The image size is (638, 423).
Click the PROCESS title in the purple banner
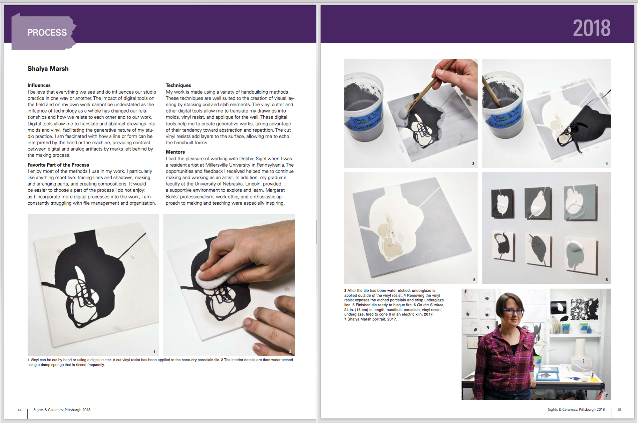[x=47, y=32]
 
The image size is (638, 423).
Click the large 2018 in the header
[x=592, y=28]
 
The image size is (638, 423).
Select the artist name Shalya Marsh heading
[x=48, y=69]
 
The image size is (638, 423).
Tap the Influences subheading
[x=39, y=85]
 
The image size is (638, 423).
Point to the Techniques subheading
[x=178, y=85]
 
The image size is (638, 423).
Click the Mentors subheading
[x=175, y=152]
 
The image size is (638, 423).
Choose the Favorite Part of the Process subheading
[x=58, y=165]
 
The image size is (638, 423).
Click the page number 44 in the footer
[x=20, y=410]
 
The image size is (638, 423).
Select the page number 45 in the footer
[x=619, y=409]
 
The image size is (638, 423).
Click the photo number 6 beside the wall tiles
[x=607, y=279]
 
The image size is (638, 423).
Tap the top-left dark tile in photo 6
[x=503, y=203]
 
